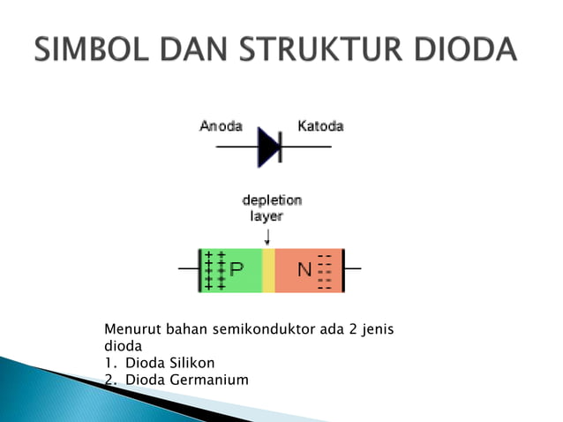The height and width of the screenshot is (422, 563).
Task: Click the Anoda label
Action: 221,126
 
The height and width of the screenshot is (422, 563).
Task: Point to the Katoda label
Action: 320,126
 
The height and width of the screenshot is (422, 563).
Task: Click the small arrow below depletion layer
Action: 267,236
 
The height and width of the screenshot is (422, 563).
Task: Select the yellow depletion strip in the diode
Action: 269,270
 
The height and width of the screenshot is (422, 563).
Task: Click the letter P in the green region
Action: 237,269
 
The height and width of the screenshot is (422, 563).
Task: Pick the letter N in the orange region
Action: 304,269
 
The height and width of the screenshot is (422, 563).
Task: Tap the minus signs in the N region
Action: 325,270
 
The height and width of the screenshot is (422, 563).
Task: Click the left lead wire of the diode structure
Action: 189,268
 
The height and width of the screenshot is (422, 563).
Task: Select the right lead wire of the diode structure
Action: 351,268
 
